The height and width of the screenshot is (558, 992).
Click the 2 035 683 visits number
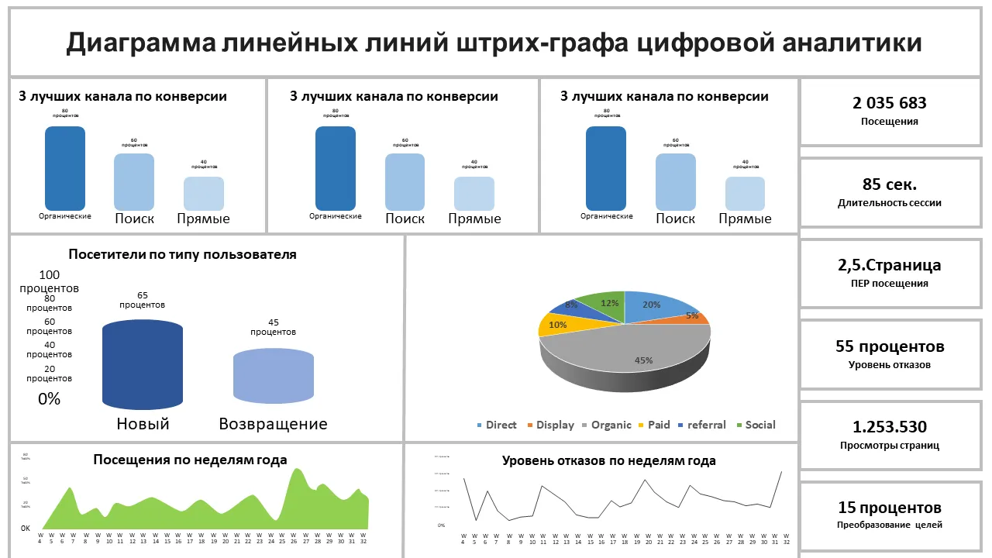[889, 103]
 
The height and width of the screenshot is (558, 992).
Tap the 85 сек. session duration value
[889, 184]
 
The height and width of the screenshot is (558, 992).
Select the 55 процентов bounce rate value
[889, 346]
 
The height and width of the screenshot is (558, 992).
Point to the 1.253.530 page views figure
[889, 426]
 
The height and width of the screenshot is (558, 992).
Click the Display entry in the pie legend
[555, 425]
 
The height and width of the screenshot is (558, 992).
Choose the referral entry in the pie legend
[706, 425]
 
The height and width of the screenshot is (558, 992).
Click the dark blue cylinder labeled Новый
[143, 364]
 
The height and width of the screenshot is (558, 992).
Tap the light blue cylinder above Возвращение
[274, 376]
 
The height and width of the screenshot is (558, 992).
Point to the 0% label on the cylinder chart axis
[49, 399]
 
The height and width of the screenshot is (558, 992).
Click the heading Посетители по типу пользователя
[182, 254]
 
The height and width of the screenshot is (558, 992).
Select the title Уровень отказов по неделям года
[608, 460]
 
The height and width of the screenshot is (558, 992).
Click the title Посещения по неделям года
[190, 460]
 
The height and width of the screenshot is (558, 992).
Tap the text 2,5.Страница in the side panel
[889, 265]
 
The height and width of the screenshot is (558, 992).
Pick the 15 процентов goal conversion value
[889, 508]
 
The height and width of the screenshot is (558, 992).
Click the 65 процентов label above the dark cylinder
[142, 300]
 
